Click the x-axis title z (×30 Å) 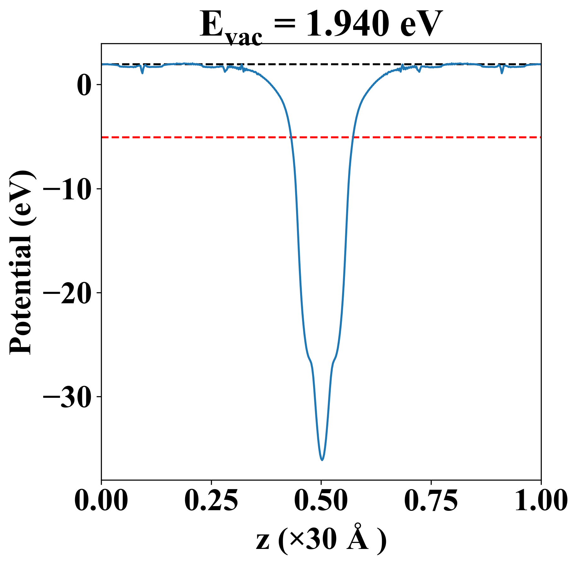[321, 539]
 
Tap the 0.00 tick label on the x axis [101, 501]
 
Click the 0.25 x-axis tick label [211, 501]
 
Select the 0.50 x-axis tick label [321, 501]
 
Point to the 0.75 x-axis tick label [431, 501]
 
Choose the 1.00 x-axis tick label [540, 501]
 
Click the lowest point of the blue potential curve [322, 460]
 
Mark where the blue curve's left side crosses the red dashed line [291, 137]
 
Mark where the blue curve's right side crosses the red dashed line [353, 137]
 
